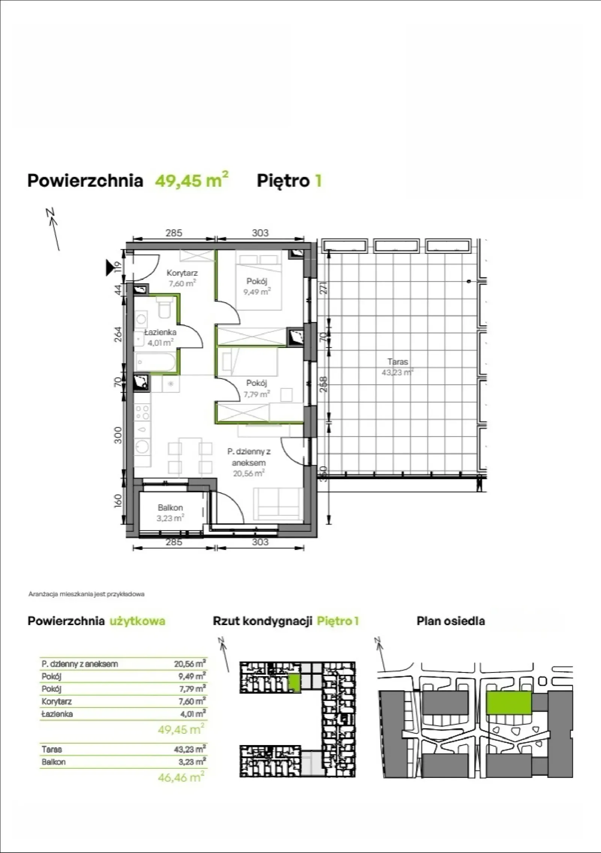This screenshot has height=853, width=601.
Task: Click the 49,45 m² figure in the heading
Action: [192, 180]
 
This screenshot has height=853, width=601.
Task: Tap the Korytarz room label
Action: [182, 273]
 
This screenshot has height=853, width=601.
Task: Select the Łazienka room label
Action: [160, 332]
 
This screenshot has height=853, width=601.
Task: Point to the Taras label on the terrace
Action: [398, 362]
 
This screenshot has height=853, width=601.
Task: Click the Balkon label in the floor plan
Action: [170, 508]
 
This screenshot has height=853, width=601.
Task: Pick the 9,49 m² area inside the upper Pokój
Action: [257, 291]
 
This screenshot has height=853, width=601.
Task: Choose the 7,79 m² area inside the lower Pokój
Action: [257, 394]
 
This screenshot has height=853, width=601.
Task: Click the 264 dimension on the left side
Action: [118, 334]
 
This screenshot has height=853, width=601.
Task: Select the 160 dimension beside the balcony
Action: [118, 501]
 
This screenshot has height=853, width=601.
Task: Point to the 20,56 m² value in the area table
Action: [190, 663]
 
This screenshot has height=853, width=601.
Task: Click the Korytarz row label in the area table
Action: [56, 701]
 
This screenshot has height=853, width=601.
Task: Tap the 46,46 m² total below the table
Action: [181, 777]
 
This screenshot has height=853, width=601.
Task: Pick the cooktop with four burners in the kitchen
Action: [143, 412]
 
